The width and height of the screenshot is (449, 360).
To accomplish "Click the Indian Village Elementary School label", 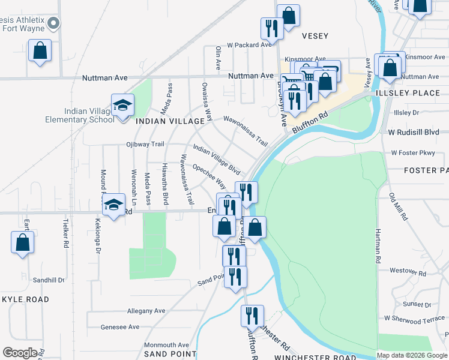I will (x=91, y=115).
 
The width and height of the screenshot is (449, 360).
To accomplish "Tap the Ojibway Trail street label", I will (x=145, y=144).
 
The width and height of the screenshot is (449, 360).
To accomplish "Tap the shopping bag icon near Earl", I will (x=22, y=243).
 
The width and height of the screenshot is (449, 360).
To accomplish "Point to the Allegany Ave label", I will (x=146, y=311).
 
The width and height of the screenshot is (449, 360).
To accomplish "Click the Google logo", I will (x=20, y=352).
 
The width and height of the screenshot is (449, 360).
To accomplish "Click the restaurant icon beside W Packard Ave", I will (x=272, y=28).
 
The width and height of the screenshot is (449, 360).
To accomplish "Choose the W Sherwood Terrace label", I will (x=415, y=319).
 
